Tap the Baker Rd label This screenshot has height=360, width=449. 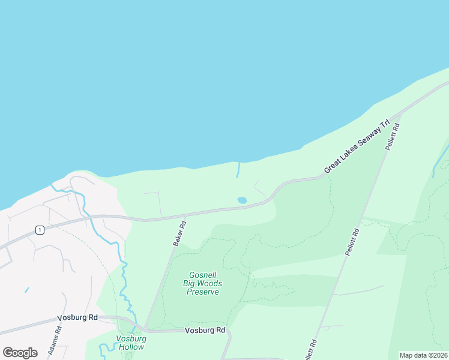tap(179, 234)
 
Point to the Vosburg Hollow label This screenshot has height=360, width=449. tap(130, 343)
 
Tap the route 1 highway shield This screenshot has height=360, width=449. tap(39, 230)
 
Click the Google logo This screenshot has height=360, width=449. tap(20, 352)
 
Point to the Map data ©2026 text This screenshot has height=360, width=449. tap(424, 355)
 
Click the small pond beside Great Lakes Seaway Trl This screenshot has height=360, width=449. tap(242, 200)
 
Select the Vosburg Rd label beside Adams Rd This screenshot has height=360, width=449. tap(77, 318)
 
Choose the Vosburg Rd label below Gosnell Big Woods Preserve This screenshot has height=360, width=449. tap(205, 330)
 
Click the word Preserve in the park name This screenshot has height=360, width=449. tap(202, 292)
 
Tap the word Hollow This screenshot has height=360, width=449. tap(130, 347)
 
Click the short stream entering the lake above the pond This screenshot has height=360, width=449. tap(238, 169)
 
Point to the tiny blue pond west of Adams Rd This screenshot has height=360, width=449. tap(26, 290)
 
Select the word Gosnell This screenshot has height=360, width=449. tap(202, 274)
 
